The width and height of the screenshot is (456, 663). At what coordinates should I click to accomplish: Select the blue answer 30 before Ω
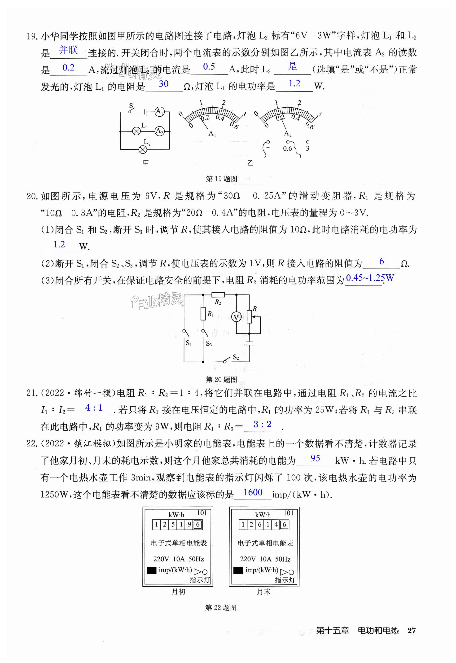click(164, 84)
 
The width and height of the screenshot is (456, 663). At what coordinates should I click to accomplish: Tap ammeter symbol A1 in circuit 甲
click(159, 112)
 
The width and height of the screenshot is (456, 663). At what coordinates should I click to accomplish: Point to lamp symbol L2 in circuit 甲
click(143, 149)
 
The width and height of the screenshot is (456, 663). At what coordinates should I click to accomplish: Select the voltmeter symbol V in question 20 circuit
click(236, 317)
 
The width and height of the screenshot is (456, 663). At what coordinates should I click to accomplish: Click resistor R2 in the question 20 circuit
click(218, 294)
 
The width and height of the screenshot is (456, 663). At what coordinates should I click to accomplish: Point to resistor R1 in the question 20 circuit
click(203, 313)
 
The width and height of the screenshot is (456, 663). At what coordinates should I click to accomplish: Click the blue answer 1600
click(253, 492)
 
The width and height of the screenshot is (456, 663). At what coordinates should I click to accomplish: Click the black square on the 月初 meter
click(151, 570)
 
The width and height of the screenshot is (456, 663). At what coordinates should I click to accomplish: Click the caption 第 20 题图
click(221, 379)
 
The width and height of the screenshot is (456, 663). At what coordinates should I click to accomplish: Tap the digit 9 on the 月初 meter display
click(189, 524)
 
